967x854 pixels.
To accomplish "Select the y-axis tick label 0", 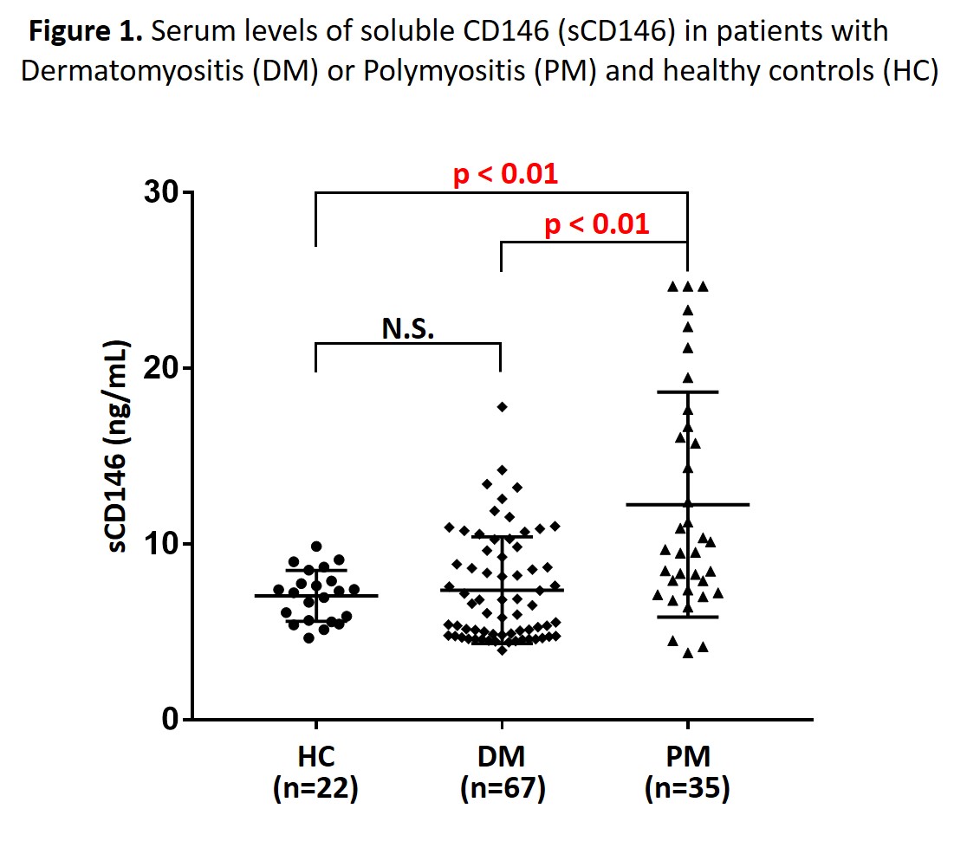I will [167, 720].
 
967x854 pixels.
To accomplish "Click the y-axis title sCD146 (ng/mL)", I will [120, 450].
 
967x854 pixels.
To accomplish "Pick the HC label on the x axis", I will [315, 756].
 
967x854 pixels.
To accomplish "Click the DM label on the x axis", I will [502, 756].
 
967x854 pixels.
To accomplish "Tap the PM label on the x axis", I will [688, 756].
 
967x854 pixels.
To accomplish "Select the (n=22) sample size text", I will [315, 790].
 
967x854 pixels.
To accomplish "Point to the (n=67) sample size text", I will [502, 790].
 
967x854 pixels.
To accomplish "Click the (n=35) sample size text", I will [688, 790].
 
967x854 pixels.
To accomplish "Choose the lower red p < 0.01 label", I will [596, 225].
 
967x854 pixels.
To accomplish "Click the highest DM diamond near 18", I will [502, 406].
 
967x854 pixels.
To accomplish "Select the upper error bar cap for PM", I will [688, 392].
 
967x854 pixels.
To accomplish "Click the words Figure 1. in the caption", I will [87, 32].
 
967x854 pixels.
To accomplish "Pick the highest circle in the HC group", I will [316, 547].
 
